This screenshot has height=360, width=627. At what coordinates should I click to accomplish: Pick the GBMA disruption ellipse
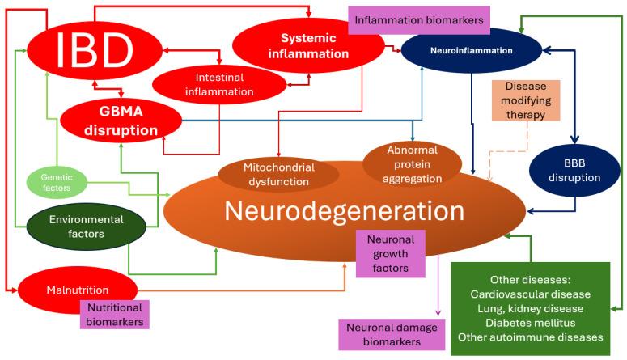[x=119, y=121]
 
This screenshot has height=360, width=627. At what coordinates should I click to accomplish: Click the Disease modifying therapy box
[x=525, y=100]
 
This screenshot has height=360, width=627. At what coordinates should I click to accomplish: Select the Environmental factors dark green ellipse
[x=86, y=226]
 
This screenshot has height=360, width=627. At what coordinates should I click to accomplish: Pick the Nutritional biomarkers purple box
[x=114, y=315]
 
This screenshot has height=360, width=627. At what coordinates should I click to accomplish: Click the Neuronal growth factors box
[x=391, y=253]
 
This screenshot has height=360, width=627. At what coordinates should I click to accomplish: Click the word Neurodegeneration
[x=344, y=211]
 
